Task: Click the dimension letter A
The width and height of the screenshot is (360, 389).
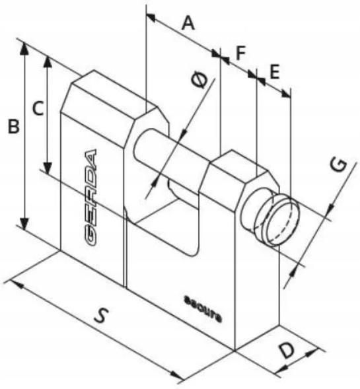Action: tap(188, 23)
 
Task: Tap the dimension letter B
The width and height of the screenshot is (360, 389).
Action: tap(13, 127)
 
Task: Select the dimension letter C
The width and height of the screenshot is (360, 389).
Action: tap(38, 108)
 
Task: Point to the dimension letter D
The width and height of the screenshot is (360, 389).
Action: tap(287, 350)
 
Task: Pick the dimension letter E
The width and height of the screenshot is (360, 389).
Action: tap(274, 72)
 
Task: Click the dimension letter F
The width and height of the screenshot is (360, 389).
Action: tap(240, 53)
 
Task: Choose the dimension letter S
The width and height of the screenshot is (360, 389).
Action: tap(102, 315)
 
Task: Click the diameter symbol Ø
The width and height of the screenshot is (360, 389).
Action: tap(199, 80)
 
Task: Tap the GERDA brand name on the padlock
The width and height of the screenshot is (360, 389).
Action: tap(90, 197)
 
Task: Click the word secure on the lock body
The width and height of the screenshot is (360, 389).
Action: tap(203, 309)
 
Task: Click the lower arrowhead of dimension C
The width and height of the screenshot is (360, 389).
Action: tap(47, 168)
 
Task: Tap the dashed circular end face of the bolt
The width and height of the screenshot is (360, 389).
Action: tap(283, 223)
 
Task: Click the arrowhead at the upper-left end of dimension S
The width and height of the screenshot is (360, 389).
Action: tap(17, 284)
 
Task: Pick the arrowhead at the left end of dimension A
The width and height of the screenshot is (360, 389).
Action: tap(151, 17)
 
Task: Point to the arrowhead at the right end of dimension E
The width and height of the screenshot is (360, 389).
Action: tap(285, 94)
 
